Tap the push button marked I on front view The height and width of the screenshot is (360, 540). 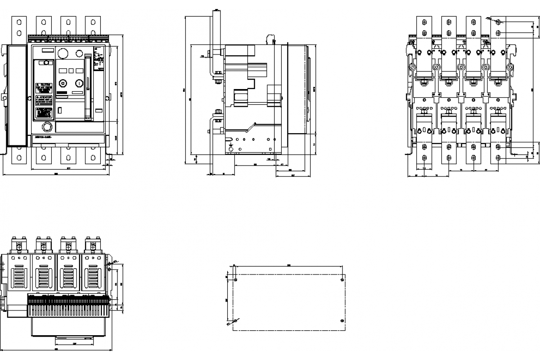click(79, 83)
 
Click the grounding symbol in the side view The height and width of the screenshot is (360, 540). click(230, 146)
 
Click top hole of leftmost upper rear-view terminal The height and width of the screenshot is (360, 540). click(425, 21)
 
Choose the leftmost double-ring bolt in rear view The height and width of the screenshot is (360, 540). click(412, 67)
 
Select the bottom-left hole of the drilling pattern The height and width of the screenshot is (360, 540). click(236, 320)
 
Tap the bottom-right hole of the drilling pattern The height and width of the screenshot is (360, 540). click(342, 320)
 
